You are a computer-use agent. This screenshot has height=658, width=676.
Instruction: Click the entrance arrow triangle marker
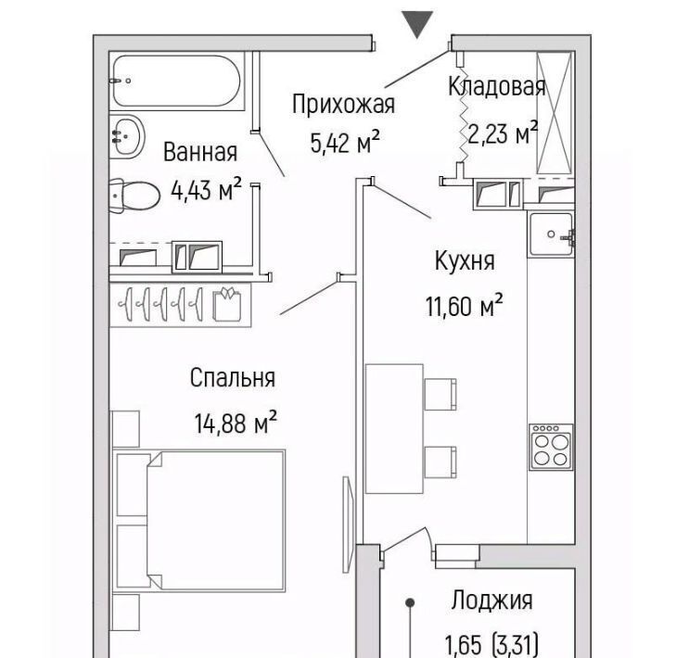point(417,24)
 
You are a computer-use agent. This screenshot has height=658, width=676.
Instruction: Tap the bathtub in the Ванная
point(177,81)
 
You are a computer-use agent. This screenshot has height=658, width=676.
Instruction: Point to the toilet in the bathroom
point(134,196)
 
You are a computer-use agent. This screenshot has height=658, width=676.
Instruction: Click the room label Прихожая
point(344,105)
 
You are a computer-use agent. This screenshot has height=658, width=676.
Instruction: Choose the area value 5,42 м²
point(345,142)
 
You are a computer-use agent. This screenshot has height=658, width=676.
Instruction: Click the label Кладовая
point(497,86)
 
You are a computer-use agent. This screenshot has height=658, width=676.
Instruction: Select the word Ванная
point(200,152)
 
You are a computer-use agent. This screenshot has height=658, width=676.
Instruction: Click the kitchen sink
point(552,234)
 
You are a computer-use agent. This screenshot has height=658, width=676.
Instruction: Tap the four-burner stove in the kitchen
point(551,448)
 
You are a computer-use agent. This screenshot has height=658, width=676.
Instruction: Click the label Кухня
point(465,260)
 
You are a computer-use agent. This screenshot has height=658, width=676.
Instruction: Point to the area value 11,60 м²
point(465,305)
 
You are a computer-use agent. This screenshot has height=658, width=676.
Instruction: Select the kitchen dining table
point(394,428)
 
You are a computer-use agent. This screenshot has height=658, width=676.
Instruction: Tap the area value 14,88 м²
point(236,423)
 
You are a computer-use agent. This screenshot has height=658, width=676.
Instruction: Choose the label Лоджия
point(491,601)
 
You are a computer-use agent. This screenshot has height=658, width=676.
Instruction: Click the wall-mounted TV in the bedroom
point(348,524)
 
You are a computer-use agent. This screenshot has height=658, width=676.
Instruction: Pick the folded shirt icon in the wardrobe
point(227,304)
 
